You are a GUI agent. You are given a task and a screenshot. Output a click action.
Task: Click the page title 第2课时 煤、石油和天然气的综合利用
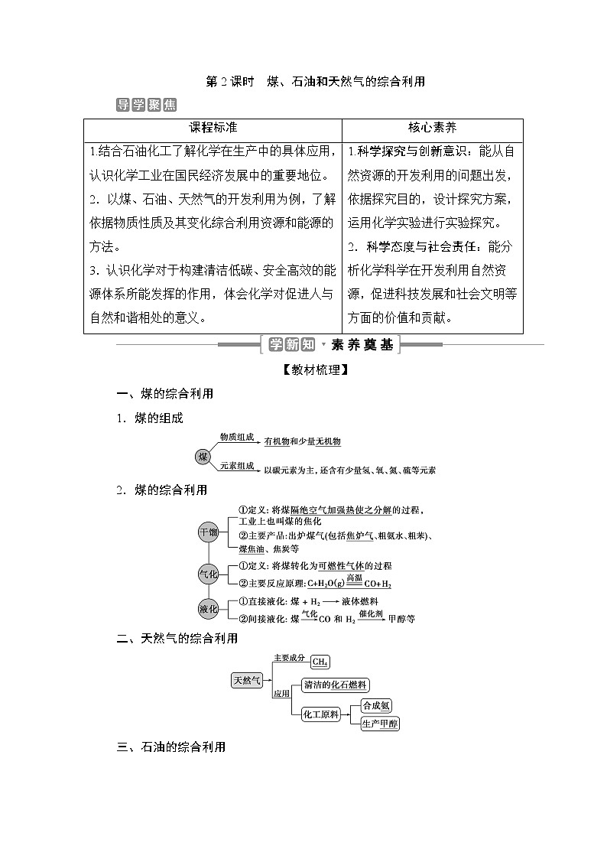coord(315,81)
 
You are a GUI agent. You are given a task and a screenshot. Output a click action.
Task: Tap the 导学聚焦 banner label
coord(146,105)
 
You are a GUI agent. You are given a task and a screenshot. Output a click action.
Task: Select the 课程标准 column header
coord(213,128)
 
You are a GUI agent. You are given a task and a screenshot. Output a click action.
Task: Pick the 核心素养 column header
coord(432,128)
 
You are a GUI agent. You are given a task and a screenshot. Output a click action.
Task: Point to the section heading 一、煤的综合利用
coord(164,394)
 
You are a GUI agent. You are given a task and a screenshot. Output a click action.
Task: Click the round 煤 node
coord(203,457)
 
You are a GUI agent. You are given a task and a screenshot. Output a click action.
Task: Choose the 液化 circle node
coord(208,609)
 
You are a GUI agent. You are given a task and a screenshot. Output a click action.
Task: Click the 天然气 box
coord(247,679)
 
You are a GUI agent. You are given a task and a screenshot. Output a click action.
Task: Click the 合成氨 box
coord(376,705)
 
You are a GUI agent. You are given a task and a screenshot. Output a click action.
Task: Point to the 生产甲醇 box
coord(380,723)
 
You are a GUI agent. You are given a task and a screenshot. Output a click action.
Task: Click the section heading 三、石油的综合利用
coord(170,747)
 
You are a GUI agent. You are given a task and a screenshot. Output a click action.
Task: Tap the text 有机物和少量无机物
coord(302,441)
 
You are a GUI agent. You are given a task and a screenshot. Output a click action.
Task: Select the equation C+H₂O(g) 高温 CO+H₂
coord(349,583)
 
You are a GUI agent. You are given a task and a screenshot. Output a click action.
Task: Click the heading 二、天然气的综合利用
coord(177,638)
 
